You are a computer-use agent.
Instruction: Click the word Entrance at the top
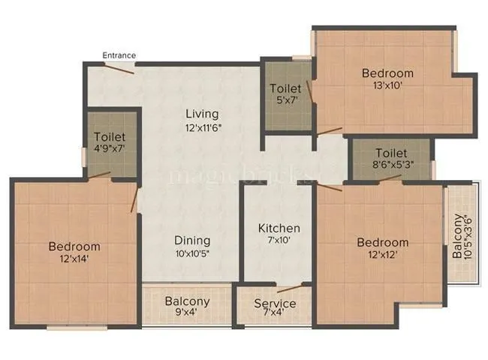coord(119,55)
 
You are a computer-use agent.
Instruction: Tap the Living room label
coord(203,114)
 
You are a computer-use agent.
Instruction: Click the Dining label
coord(192,241)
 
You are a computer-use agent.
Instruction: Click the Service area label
coord(274,304)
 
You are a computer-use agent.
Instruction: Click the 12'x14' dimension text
coord(74,259)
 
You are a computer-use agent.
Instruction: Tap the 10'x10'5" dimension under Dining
coord(192,253)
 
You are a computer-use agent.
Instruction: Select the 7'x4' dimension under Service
coord(274,316)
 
